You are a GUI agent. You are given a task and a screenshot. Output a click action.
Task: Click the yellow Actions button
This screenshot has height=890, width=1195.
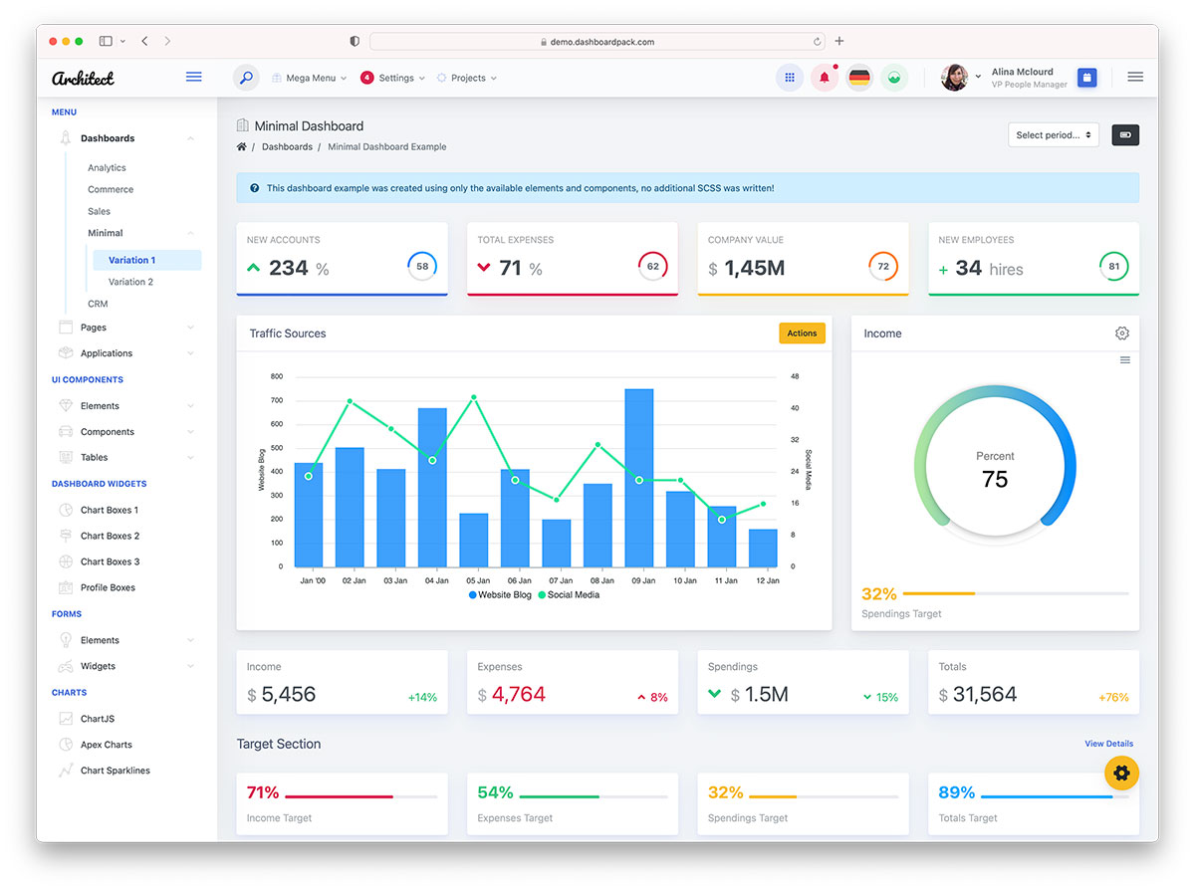[802, 334]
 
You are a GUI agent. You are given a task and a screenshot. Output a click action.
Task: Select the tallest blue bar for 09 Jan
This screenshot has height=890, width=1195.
[638, 478]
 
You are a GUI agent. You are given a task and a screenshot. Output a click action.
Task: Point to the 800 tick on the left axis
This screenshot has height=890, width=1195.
[276, 377]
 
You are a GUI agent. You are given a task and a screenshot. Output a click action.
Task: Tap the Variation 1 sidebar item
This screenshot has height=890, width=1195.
[132, 260]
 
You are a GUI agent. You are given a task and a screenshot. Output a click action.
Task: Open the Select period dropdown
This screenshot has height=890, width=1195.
[1054, 135]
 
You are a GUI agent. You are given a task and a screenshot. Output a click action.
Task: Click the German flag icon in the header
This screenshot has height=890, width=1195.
[858, 78]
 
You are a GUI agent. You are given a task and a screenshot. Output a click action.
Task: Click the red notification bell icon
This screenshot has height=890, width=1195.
[825, 78]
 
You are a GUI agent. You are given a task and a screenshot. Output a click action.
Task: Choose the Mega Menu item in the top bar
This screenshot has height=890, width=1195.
[310, 78]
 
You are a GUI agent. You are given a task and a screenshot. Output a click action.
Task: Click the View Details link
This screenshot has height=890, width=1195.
[1108, 744]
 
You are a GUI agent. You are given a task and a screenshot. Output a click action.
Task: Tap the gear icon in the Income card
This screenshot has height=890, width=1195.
[1122, 334]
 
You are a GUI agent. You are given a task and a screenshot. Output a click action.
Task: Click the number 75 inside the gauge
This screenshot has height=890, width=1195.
[995, 479]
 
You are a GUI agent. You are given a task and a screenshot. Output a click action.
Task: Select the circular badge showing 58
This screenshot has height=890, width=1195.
[422, 266]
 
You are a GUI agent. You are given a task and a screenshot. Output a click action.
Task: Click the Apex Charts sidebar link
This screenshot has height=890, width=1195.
[106, 745]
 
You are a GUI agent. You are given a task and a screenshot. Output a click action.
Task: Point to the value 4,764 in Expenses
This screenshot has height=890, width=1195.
[518, 695]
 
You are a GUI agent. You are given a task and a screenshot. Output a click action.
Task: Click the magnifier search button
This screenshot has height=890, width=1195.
[246, 78]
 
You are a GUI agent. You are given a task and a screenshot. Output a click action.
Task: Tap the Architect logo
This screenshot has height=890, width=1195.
[83, 78]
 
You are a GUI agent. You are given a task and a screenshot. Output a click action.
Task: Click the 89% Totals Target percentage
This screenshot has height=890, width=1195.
[956, 792]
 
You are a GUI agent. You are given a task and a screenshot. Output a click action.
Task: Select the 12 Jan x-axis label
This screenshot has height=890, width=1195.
[767, 580]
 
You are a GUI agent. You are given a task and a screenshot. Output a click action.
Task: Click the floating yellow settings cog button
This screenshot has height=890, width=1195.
[1121, 773]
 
